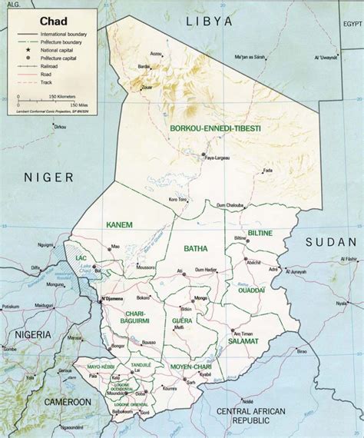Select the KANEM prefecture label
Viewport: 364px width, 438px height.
117,224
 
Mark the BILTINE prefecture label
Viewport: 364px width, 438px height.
260,231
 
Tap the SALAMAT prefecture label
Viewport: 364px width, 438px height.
243,340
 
